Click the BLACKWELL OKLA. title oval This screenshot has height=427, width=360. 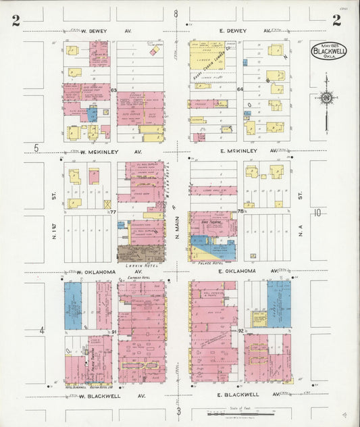[x=329, y=51]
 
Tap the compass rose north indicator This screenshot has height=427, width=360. [x=327, y=99]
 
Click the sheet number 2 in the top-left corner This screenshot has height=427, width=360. [x=16, y=20]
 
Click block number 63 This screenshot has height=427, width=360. [x=113, y=90]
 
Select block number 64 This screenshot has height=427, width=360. [x=240, y=89]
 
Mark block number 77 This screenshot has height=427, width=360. [x=113, y=212]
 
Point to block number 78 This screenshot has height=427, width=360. [x=240, y=212]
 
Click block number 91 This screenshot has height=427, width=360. [x=114, y=332]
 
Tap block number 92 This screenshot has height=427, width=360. [x=240, y=332]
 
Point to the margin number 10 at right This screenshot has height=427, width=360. [x=317, y=213]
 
